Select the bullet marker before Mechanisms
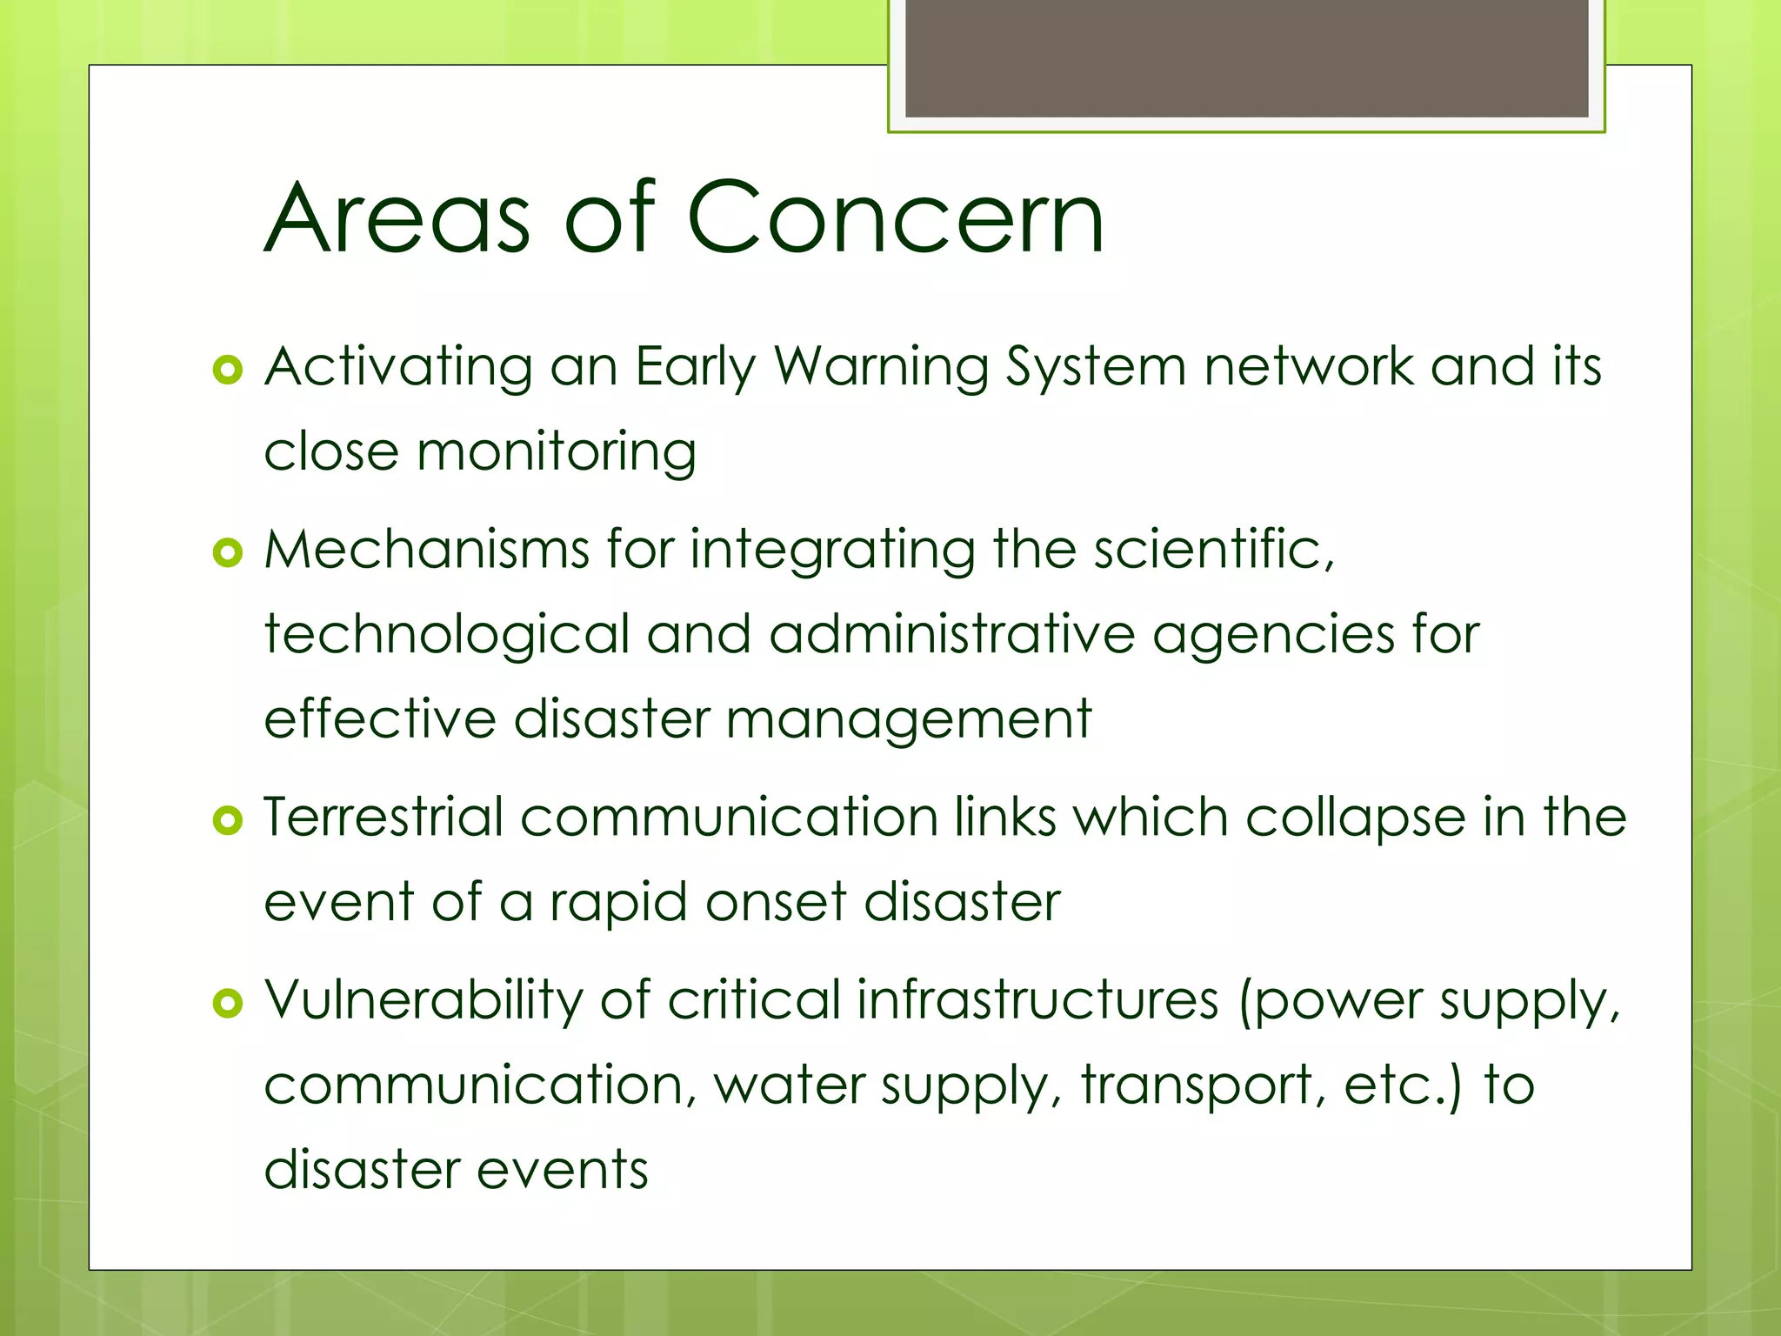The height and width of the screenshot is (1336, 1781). pyautogui.click(x=227, y=552)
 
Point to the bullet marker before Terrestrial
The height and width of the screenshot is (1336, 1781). pyautogui.click(x=227, y=820)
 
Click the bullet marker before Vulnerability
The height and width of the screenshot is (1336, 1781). pyautogui.click(x=227, y=1004)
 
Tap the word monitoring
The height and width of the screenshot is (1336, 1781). pyautogui.click(x=556, y=452)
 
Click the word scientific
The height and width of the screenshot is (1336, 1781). pyautogui.click(x=1212, y=550)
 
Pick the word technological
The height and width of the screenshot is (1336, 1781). pyautogui.click(x=446, y=635)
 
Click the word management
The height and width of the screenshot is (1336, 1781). pyautogui.click(x=908, y=720)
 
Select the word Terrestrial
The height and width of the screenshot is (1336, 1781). pyautogui.click(x=384, y=818)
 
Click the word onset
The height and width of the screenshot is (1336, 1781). pyautogui.click(x=776, y=902)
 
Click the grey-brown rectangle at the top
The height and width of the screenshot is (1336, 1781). pyautogui.click(x=1246, y=57)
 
